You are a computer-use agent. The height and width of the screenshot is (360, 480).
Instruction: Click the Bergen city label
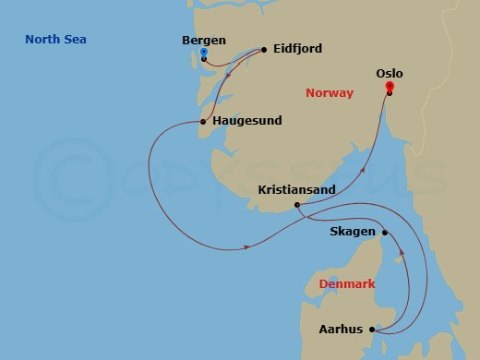206,41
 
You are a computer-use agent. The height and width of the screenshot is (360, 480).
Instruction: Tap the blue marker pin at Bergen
204,53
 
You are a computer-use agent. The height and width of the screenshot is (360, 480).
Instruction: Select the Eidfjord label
297,49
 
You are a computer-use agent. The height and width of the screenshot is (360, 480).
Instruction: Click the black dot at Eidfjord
264,49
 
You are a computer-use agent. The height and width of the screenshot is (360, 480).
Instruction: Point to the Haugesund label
246,121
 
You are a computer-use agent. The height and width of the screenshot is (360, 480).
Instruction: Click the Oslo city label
390,72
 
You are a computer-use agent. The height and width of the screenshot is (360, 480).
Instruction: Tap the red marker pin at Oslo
390,86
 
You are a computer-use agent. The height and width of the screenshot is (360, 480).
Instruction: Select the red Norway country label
330,92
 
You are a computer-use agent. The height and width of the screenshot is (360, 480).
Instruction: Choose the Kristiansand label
296,189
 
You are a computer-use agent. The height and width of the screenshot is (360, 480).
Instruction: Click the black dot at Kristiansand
296,205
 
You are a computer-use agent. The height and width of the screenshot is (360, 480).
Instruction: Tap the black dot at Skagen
385,233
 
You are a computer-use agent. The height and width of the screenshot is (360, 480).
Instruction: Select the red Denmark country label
346,284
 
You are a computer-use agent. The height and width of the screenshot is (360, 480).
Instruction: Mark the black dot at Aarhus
372,329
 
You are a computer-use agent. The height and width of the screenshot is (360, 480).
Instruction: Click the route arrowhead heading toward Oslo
363,170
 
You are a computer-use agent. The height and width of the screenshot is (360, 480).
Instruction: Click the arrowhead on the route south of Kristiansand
249,246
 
